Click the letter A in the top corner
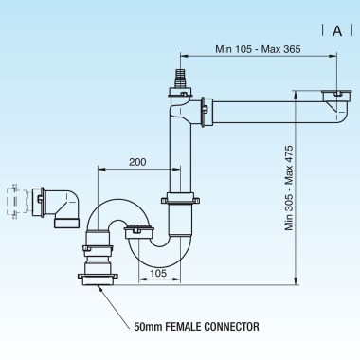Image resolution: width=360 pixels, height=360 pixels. coord(336,30)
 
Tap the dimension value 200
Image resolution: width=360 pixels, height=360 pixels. coord(137,163)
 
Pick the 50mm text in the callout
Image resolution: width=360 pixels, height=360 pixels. coord(151,327)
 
